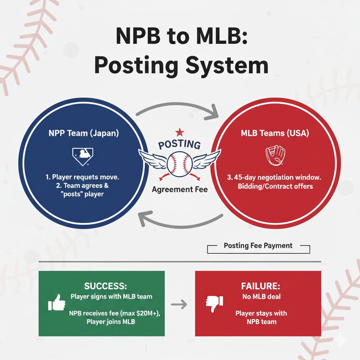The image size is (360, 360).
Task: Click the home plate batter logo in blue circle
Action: click(83, 156)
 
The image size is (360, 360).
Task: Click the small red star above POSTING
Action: click(180, 132)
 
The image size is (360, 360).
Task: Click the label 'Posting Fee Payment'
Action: click(258, 246)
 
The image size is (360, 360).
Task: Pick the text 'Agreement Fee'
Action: click(180, 190)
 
